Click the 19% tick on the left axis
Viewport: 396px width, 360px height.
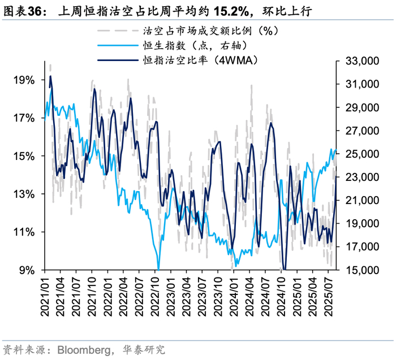(23, 80)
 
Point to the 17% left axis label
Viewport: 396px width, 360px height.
(23, 118)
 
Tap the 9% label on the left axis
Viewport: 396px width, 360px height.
(26, 270)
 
